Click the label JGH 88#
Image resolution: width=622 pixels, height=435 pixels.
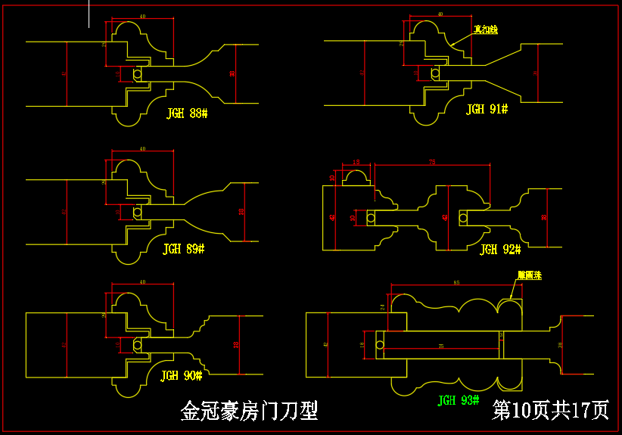pos(187,113)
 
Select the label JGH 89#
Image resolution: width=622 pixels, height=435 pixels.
pos(184,248)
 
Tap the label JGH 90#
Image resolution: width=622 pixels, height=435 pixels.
pos(182,375)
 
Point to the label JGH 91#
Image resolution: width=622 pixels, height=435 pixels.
pos(487,110)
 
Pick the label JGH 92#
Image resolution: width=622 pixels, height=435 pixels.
pos(500,249)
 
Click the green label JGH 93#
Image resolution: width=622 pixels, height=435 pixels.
pos(459,400)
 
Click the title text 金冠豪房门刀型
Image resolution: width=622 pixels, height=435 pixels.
pos(249,411)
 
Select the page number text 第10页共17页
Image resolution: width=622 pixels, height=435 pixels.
pos(550,410)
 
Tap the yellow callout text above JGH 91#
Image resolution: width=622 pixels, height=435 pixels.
pos(486,30)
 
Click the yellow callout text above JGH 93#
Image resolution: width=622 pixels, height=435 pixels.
pos(530,276)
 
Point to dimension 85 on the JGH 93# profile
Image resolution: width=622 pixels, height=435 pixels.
pos(456,282)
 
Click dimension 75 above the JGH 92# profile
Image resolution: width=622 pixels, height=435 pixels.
pos(432,162)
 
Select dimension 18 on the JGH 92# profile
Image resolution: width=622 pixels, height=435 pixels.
pos(356,162)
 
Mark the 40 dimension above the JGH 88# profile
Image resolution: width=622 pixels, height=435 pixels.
pos(142,16)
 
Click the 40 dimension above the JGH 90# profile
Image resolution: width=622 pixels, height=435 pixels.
pos(142,282)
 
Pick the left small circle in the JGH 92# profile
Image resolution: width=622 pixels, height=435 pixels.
pos(371,218)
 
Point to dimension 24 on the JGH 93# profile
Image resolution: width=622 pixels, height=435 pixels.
pos(383,308)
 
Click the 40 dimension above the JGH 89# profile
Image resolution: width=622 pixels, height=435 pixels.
pos(142,149)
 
